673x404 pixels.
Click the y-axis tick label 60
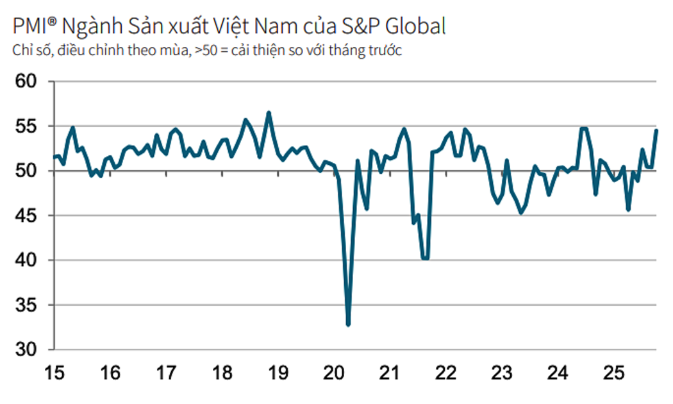coord(27,82)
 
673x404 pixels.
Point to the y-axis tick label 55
coord(27,127)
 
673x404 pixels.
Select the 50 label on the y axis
coord(27,171)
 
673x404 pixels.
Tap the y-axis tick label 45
coord(27,216)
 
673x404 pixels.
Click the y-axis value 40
coord(27,260)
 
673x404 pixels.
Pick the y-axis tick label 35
coord(27,305)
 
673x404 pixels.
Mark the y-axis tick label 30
coord(27,349)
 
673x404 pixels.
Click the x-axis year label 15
coord(54,373)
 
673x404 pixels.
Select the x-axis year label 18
coord(222,373)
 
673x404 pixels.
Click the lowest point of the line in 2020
coord(348,324)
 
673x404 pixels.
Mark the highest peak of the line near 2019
coord(269,113)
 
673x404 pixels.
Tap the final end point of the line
coord(656,130)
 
